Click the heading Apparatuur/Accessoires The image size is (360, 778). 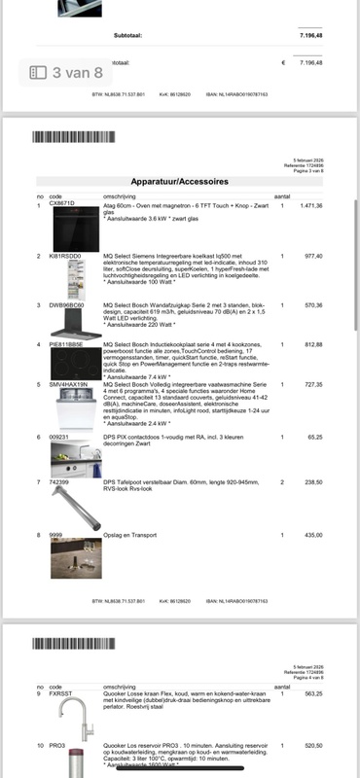click(179, 182)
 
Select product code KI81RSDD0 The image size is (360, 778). click(66, 256)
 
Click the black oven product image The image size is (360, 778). click(75, 230)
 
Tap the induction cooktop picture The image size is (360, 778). click(75, 364)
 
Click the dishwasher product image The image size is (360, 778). click(75, 407)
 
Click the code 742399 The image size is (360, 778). click(59, 481)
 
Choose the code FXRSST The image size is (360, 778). click(61, 693)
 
